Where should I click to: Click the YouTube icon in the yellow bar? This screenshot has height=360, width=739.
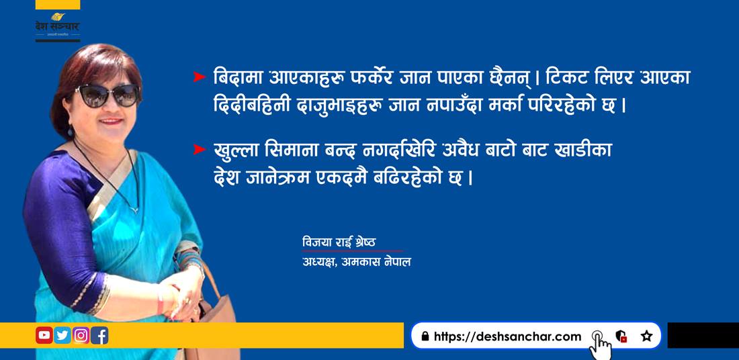[44, 335]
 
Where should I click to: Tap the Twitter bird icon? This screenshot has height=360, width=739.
[62, 335]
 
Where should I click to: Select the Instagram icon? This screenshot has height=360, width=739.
[81, 335]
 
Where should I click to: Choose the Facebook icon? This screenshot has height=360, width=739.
[99, 335]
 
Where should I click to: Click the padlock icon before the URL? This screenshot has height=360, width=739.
[425, 336]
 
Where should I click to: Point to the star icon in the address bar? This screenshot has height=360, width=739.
[646, 336]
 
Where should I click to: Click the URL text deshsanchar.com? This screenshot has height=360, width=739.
[508, 336]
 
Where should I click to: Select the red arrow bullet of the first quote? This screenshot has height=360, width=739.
[200, 77]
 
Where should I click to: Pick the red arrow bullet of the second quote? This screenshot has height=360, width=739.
[200, 150]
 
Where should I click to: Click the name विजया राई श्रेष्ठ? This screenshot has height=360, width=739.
[339, 242]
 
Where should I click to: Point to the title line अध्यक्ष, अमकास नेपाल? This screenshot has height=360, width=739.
[356, 261]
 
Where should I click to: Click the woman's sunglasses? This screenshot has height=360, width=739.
[107, 95]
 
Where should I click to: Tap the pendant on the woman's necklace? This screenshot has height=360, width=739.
[135, 209]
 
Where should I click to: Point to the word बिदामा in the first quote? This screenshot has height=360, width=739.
[238, 77]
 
